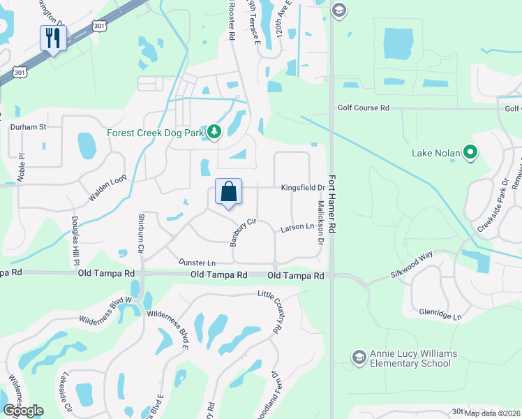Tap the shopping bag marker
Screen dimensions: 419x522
(x=228, y=191)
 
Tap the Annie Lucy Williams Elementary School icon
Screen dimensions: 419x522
(x=359, y=358)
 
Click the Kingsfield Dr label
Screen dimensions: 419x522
(x=303, y=188)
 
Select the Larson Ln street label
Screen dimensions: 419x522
(x=297, y=227)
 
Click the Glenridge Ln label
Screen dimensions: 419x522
(x=440, y=316)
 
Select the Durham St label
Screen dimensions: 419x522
(x=28, y=127)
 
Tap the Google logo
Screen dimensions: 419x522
(x=22, y=411)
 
